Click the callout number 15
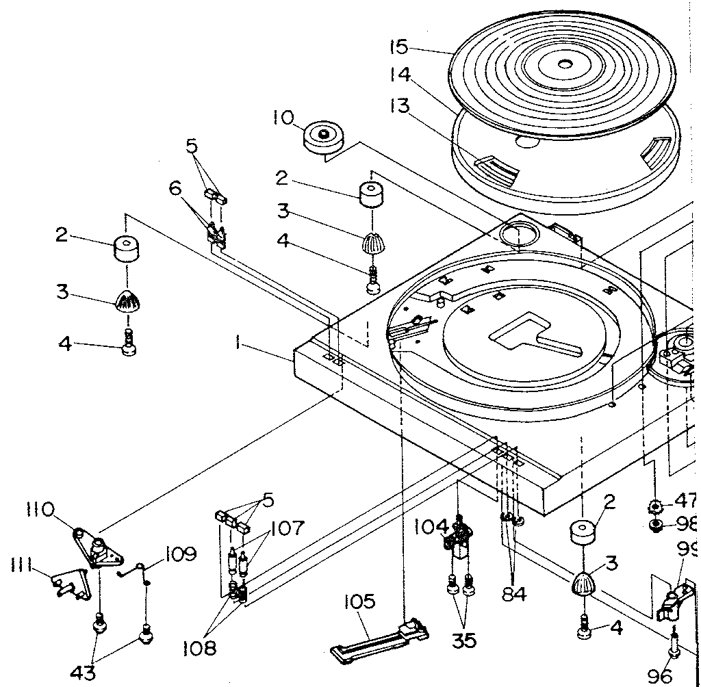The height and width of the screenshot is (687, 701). pos(398,47)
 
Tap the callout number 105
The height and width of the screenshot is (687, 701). pos(360,602)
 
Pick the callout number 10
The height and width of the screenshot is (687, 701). pos(282,118)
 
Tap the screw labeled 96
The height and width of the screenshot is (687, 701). pos(674,645)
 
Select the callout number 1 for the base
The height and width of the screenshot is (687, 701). pos(238,344)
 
